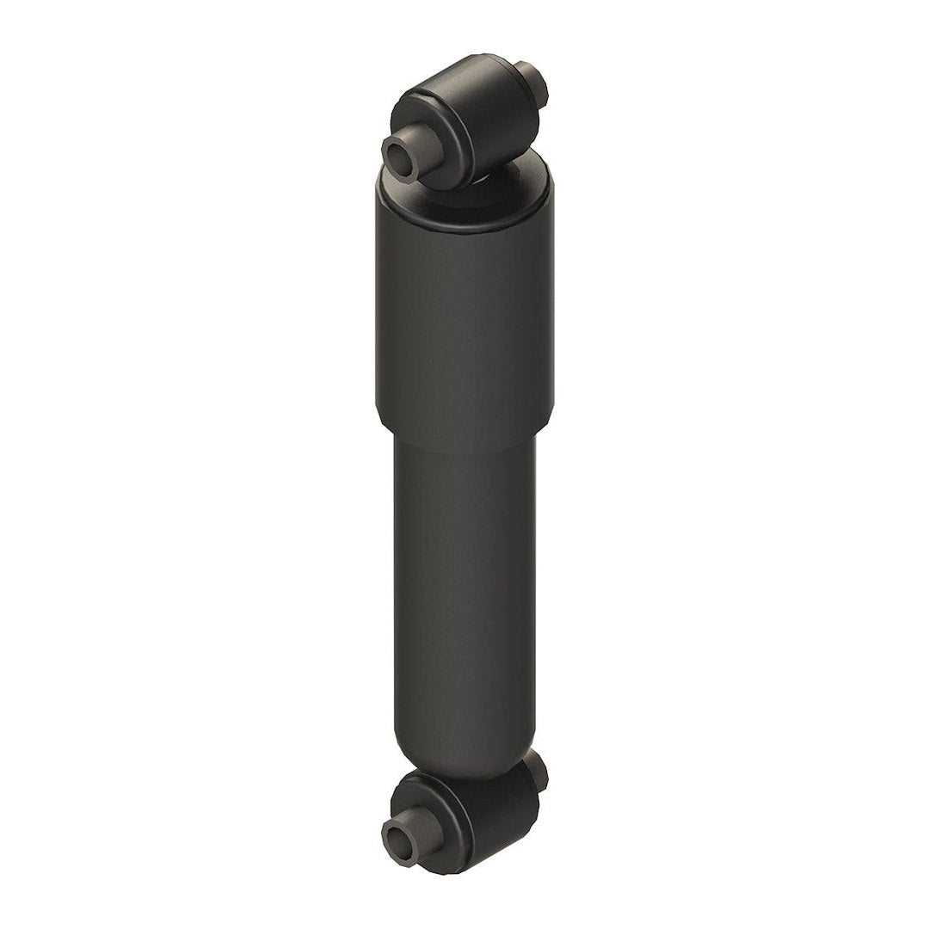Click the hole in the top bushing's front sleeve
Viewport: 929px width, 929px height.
(x=398, y=157)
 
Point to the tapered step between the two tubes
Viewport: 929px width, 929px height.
(x=464, y=428)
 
